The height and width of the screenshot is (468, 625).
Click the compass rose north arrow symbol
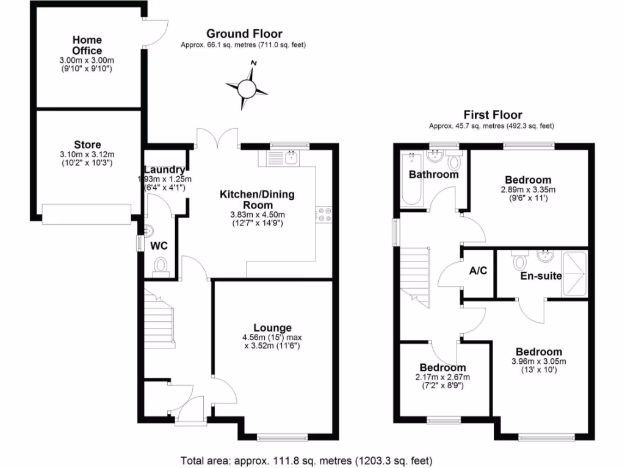pos(247,88)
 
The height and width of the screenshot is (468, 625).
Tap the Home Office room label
pos(87,46)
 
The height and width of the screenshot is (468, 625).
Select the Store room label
pos(87,145)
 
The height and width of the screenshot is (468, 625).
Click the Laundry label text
pos(164,169)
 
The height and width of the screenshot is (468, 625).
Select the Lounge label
pos(272,328)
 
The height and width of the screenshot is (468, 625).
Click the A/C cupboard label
pos(478,271)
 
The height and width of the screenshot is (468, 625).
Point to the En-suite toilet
pos(520,262)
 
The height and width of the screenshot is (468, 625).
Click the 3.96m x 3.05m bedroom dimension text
pos(539,361)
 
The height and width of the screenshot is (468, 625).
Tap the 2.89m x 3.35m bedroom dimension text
pos(528,190)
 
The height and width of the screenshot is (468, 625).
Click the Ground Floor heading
pos(244,34)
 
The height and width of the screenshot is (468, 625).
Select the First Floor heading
pos(493,115)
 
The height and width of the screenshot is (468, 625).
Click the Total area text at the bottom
pos(307,460)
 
